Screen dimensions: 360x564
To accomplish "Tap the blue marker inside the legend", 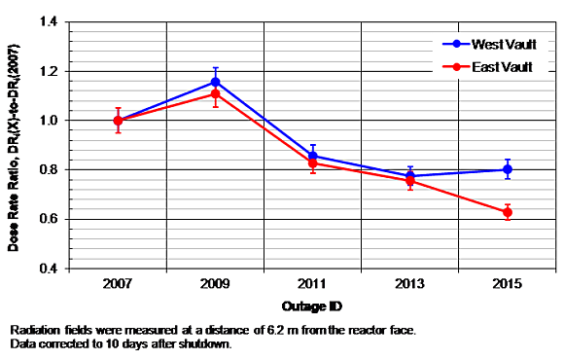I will (450, 45).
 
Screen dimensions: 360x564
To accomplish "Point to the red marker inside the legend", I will (450, 66).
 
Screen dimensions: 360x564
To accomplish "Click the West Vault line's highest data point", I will (216, 79).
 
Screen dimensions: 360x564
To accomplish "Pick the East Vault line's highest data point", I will (216, 94).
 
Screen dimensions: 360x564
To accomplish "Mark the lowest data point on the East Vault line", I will (508, 211).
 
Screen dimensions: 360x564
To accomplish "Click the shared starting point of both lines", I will (118, 120).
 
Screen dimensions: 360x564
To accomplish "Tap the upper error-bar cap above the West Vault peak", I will (216, 65).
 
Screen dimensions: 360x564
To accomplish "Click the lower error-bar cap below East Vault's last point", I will (508, 221).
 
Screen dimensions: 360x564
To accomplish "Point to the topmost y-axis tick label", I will (50, 20).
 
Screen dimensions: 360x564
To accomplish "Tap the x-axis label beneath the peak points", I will (216, 285).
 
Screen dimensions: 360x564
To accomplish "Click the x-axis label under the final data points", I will (508, 285).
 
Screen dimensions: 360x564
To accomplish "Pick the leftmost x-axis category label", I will (118, 285).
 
